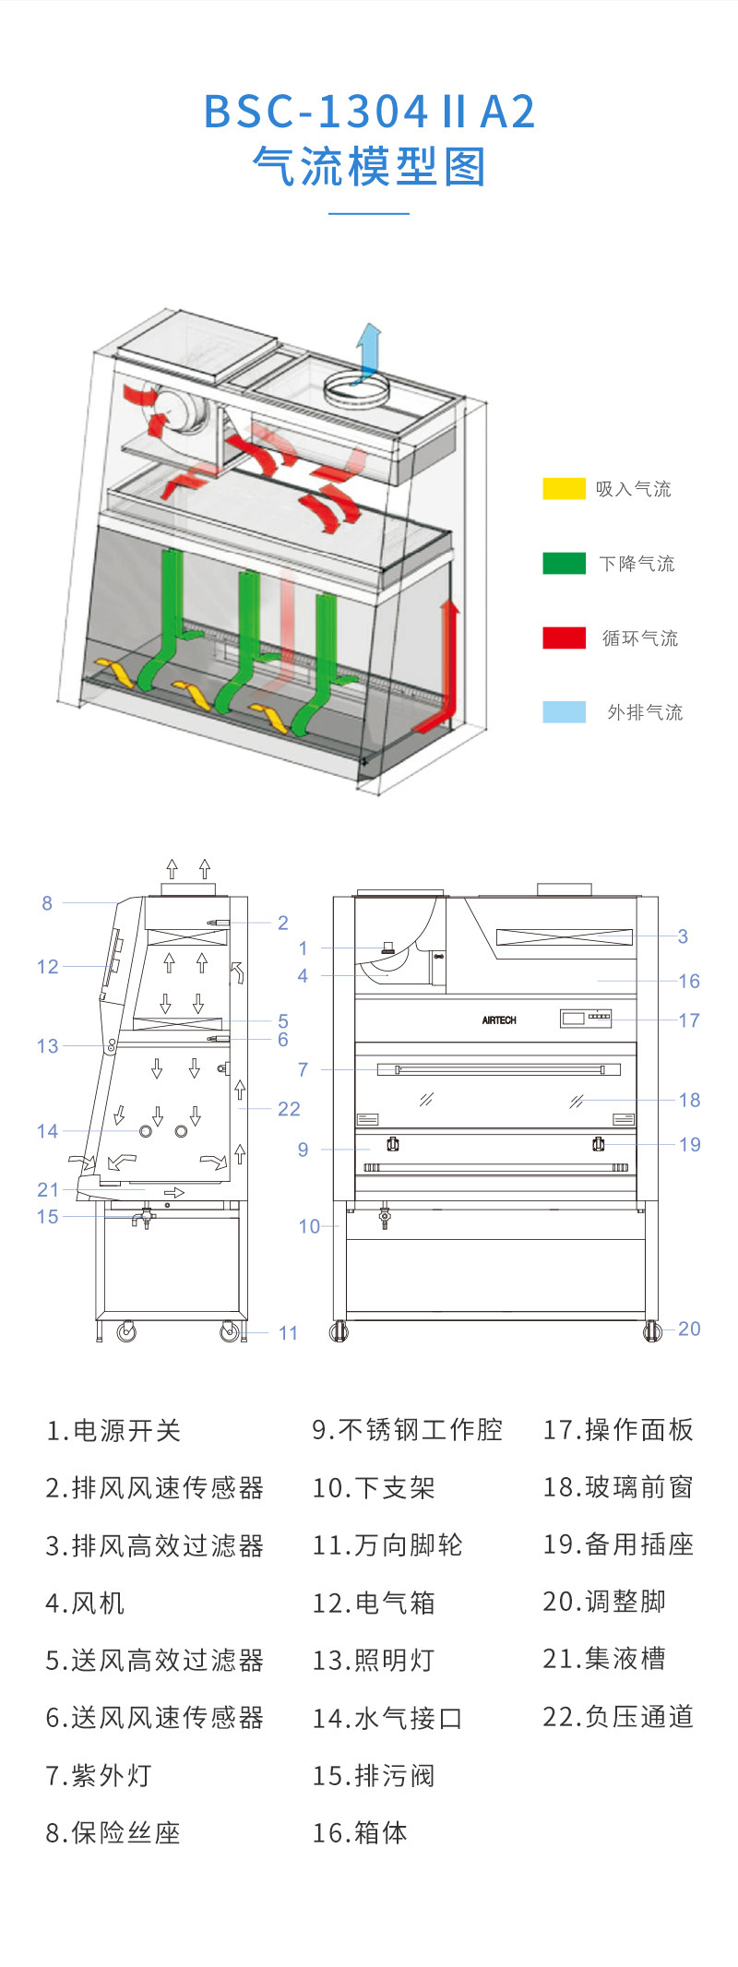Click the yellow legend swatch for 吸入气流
(x=564, y=488)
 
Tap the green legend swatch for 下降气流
(x=564, y=563)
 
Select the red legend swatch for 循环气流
(x=564, y=638)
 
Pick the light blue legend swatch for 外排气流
(x=564, y=711)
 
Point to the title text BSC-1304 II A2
(x=369, y=112)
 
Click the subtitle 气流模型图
(x=369, y=167)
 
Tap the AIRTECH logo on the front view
(x=499, y=1020)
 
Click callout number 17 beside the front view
(x=689, y=1020)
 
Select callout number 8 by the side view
(x=47, y=903)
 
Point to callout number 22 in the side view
(x=289, y=1109)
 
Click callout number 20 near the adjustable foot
(x=689, y=1329)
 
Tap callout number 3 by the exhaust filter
(x=683, y=936)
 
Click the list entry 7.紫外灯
(x=99, y=1775)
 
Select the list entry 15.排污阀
(x=373, y=1775)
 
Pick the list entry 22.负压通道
(x=617, y=1716)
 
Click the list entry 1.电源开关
(x=113, y=1430)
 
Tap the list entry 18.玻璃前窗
(x=617, y=1487)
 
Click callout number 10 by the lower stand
(x=309, y=1226)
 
